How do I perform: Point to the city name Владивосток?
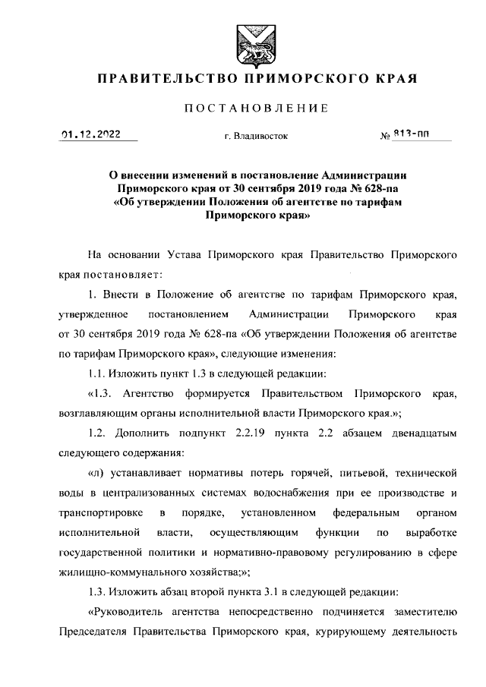[x=256, y=137]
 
